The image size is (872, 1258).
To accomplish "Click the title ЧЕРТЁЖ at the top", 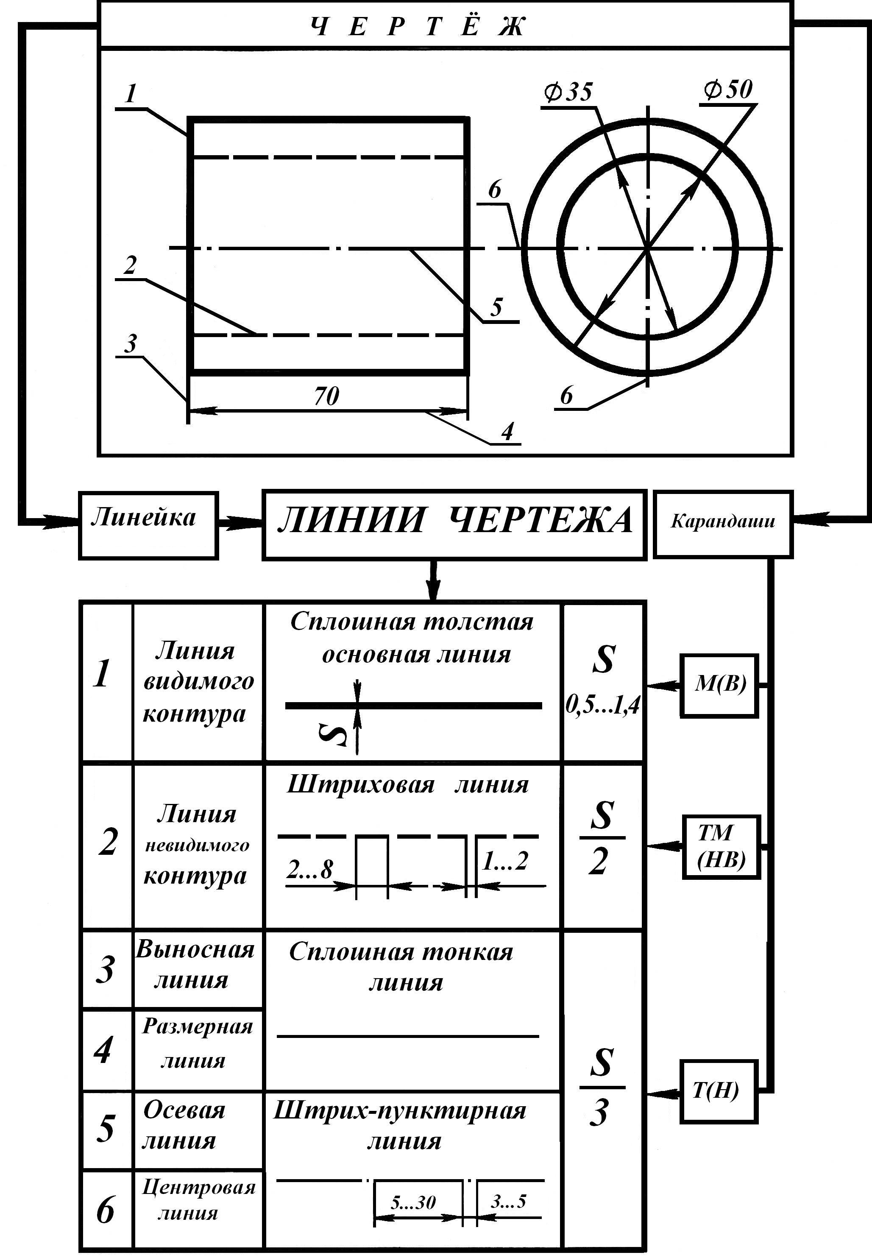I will tap(418, 26).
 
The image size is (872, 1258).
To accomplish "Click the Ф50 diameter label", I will tap(728, 89).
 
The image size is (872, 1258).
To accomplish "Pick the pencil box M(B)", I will tap(719, 685).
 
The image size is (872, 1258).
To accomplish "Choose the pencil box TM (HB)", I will tap(721, 846).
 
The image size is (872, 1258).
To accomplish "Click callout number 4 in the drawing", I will tap(507, 431).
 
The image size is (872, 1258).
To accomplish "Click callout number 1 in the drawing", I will tap(130, 94).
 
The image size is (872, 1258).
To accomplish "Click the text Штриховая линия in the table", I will tap(407, 785).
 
